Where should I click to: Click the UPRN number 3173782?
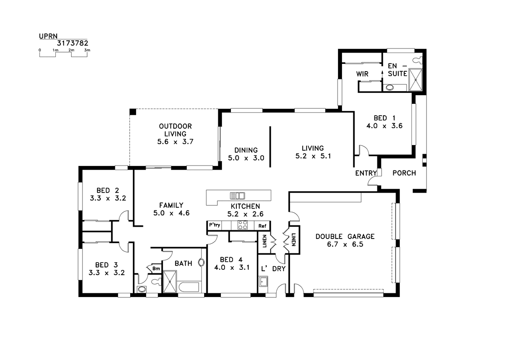pyautogui.click(x=73, y=43)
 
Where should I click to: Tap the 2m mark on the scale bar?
pyautogui.click(x=71, y=50)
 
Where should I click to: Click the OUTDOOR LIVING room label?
pyautogui.click(x=175, y=130)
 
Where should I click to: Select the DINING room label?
pyautogui.click(x=246, y=150)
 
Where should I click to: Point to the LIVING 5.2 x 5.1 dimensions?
pyautogui.click(x=313, y=156)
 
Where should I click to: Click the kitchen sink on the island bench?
pyautogui.click(x=237, y=195)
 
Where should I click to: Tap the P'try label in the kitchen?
pyautogui.click(x=215, y=225)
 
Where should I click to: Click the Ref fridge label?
pyautogui.click(x=262, y=226)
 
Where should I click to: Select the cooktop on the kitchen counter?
pyautogui.click(x=243, y=225)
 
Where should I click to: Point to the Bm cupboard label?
pyautogui.click(x=156, y=268)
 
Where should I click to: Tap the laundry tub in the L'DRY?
pyautogui.click(x=263, y=282)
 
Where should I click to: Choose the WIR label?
pyautogui.click(x=362, y=74)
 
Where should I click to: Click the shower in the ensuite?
pyautogui.click(x=415, y=80)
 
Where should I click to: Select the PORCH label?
pyautogui.click(x=404, y=173)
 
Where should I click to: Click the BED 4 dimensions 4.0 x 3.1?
pyautogui.click(x=232, y=268)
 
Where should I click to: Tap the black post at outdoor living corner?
pyautogui.click(x=133, y=112)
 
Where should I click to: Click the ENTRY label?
pyautogui.click(x=366, y=173)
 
